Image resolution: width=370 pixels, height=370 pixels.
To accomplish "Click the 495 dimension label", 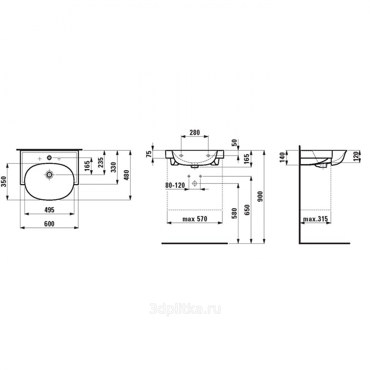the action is (x=49, y=209).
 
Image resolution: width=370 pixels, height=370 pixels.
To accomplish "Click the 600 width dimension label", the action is (x=49, y=223).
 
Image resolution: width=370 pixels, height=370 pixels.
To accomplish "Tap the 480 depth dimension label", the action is (x=127, y=175).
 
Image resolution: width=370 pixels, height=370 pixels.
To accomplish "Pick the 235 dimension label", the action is (x=101, y=162).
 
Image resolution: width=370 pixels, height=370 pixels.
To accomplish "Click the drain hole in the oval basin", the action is (x=49, y=175).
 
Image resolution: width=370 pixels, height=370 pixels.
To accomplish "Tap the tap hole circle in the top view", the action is (x=49, y=157).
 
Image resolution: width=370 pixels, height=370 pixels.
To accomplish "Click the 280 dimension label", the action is (x=195, y=132).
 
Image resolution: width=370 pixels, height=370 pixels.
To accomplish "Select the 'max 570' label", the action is (x=195, y=219).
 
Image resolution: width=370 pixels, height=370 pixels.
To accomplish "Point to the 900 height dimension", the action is (x=260, y=196).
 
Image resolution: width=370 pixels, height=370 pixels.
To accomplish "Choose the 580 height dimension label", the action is (x=234, y=213).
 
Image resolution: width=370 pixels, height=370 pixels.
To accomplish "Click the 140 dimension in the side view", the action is (x=282, y=157).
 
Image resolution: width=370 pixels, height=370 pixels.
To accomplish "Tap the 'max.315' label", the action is (x=316, y=219).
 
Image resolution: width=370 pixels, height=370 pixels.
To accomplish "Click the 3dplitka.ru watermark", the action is (x=185, y=309).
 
